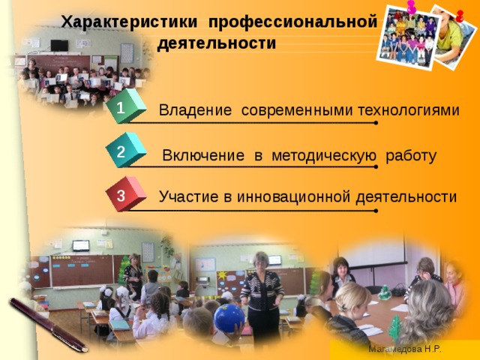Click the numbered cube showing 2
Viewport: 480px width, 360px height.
[123, 151]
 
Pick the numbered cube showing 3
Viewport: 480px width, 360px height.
[123, 195]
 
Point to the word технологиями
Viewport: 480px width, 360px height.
[408, 111]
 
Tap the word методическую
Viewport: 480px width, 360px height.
[324, 156]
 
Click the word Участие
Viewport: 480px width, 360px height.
[188, 197]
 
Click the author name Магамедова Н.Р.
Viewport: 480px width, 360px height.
[404, 349]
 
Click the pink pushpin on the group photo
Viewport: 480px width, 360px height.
[411, 7]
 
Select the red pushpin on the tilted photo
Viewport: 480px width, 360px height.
[459, 16]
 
